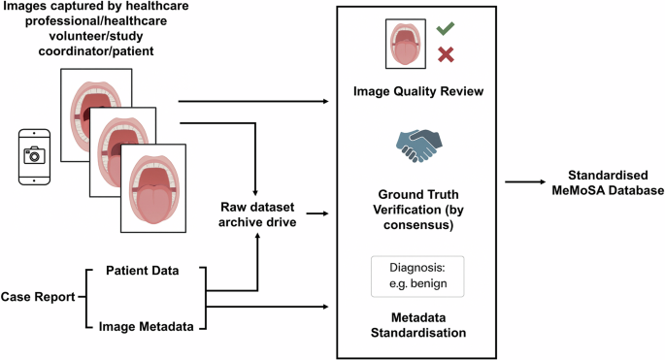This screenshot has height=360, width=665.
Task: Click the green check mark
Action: coord(446,28)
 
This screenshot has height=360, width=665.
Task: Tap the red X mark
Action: coord(446,54)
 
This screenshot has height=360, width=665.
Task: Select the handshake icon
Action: coord(418,146)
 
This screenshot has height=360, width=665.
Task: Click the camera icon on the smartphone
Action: coord(34,155)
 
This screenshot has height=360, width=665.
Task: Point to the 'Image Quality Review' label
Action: coord(418,91)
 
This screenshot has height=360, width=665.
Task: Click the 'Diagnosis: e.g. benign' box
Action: coord(417,276)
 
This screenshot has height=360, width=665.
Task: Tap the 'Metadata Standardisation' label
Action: coord(418,325)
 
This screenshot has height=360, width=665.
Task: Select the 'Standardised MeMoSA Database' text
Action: coord(608,182)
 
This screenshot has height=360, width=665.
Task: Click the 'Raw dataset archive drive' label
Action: coord(257,214)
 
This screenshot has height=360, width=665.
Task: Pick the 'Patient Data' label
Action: coord(143,271)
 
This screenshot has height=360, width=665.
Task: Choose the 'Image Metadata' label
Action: coord(147,326)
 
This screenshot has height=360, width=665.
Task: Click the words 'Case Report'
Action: coord(38,297)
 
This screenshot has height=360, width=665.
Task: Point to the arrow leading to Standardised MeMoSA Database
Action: coord(525,181)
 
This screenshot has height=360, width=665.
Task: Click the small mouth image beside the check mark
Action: coord(406,44)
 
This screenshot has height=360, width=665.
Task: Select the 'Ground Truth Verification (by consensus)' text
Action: coord(418,210)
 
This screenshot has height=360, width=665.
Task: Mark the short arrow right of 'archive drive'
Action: coord(317,213)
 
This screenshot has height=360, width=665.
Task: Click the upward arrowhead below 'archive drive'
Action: coord(257,236)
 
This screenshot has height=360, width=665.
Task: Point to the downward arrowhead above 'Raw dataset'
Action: coord(255,192)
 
